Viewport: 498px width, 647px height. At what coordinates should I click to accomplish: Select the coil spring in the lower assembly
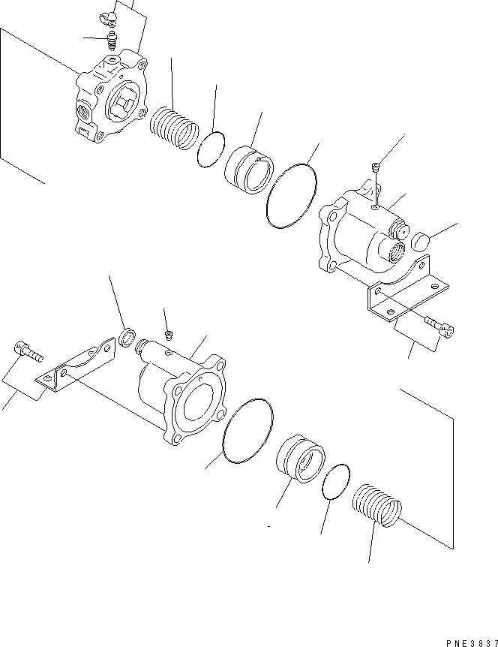click(x=376, y=507)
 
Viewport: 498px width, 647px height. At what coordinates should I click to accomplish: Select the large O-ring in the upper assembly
click(x=292, y=193)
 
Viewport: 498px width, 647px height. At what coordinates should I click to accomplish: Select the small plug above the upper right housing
click(x=376, y=167)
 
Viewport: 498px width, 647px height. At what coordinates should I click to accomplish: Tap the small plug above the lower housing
click(x=169, y=333)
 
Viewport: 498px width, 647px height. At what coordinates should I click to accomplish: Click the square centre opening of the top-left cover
click(x=123, y=102)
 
